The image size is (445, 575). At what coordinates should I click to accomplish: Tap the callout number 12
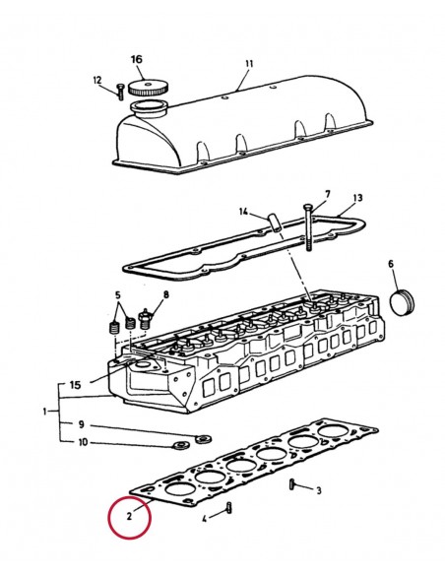click(96, 80)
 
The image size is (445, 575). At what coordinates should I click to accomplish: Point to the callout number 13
click(357, 197)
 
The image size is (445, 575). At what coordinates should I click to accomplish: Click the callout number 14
click(240, 211)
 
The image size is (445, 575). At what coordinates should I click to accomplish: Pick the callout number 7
click(328, 193)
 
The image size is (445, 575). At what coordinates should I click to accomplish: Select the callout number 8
click(165, 294)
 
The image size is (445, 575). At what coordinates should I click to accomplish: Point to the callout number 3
click(318, 489)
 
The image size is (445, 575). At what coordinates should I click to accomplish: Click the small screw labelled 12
click(119, 91)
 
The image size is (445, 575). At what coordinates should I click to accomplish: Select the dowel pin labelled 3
click(293, 483)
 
